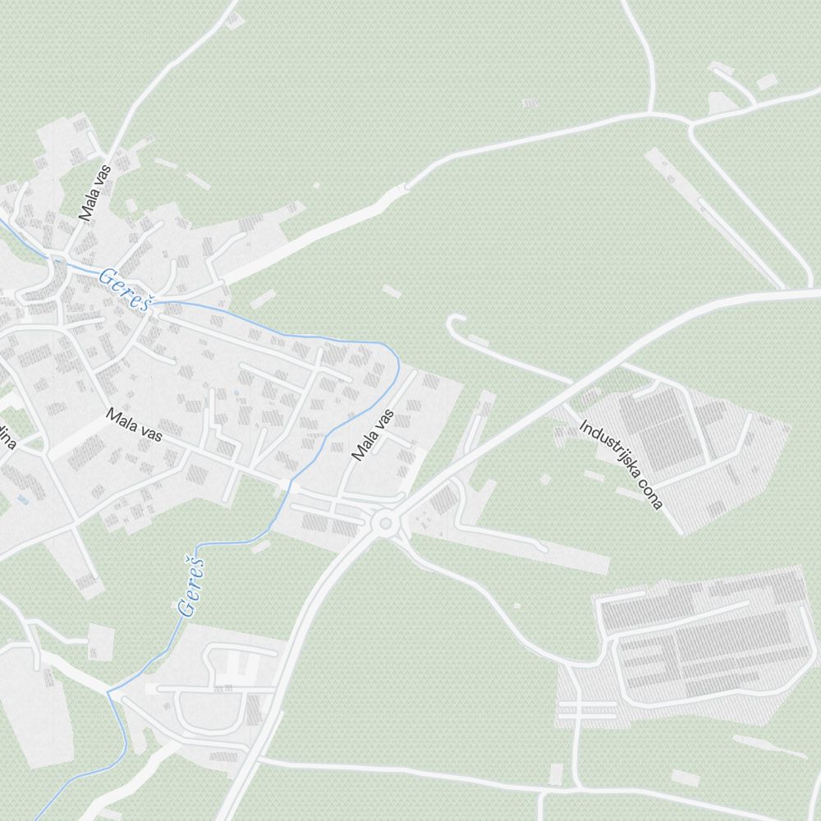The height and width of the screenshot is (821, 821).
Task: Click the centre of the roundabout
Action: pos(383,522)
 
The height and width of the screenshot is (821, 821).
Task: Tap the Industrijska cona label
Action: pos(621,465)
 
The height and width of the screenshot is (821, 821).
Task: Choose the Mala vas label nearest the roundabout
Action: pos(373,435)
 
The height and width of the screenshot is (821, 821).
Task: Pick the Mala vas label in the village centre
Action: pos(134,426)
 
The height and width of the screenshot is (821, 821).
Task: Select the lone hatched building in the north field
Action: pos(530,103)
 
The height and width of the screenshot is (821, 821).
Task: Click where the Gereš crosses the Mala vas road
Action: pos(287,483)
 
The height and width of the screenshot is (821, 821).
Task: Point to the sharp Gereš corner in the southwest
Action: pos(108,692)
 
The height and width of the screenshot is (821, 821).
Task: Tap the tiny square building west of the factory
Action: pos(516,606)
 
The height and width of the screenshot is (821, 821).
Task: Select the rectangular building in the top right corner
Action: pos(766,82)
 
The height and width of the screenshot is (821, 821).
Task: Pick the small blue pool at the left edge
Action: pos(21,498)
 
